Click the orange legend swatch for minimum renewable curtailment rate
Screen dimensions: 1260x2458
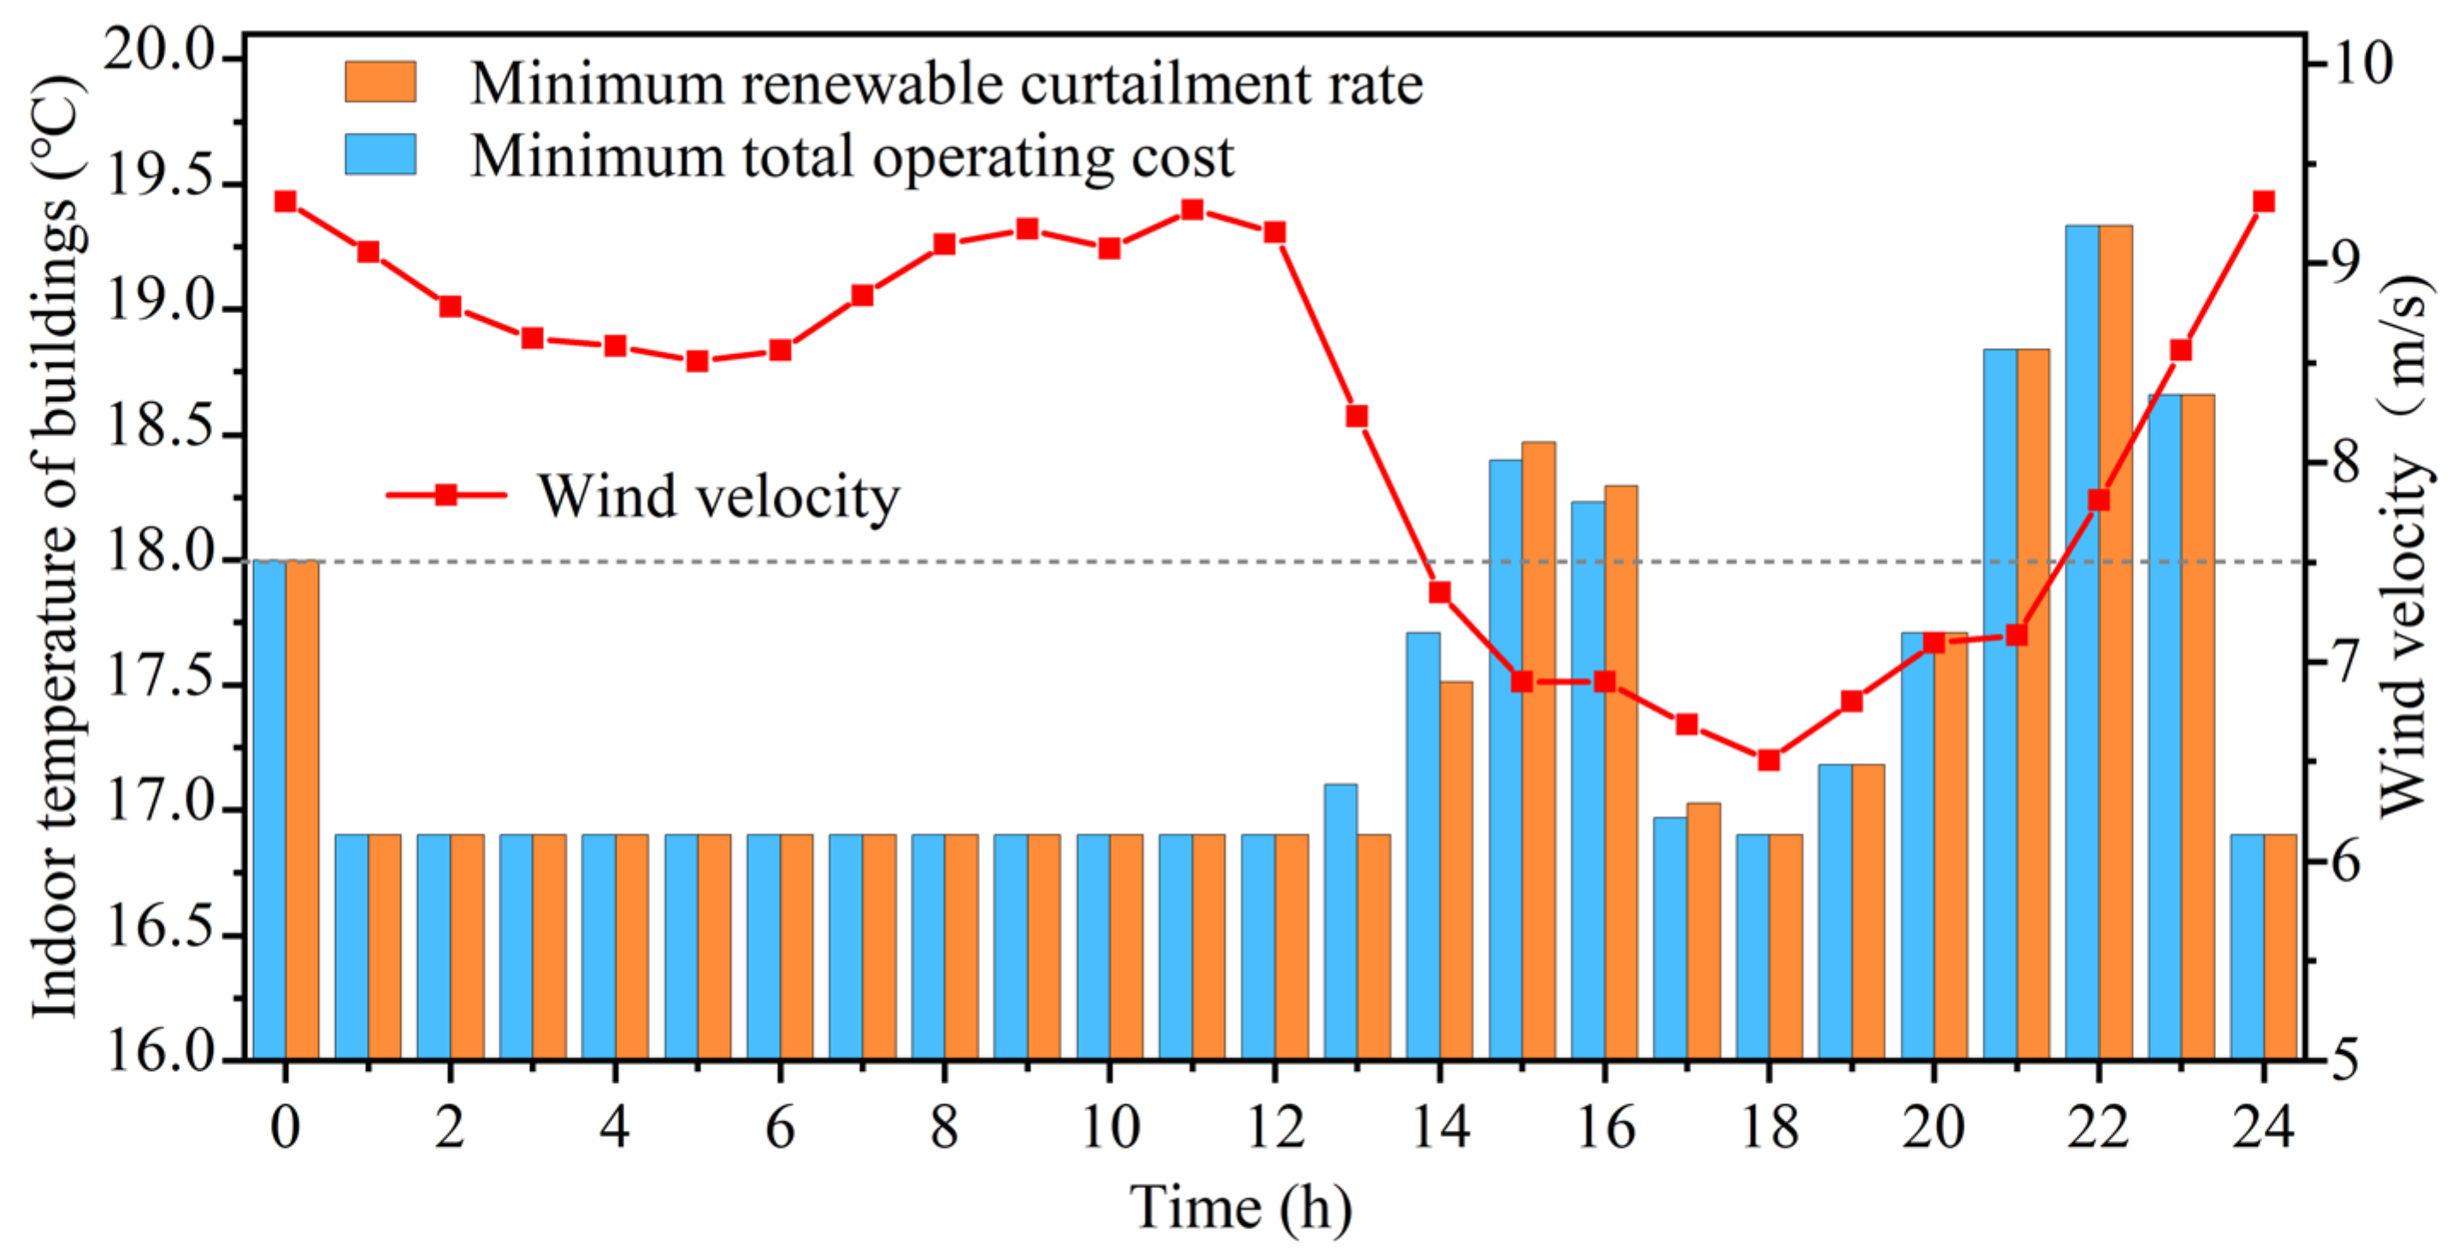pyautogui.click(x=380, y=82)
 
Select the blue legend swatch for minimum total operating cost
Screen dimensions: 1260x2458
pyautogui.click(x=380, y=154)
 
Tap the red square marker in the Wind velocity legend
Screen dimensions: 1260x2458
pyautogui.click(x=446, y=494)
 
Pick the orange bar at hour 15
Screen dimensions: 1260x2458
pyautogui.click(x=1538, y=749)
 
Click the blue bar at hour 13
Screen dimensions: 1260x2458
pyautogui.click(x=1341, y=921)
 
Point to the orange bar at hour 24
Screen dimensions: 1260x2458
pyautogui.click(x=2279, y=946)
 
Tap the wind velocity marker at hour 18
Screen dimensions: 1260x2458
pyautogui.click(x=1768, y=760)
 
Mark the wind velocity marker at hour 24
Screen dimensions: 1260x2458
pyautogui.click(x=2263, y=201)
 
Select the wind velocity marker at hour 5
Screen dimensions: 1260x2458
pyautogui.click(x=698, y=361)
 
